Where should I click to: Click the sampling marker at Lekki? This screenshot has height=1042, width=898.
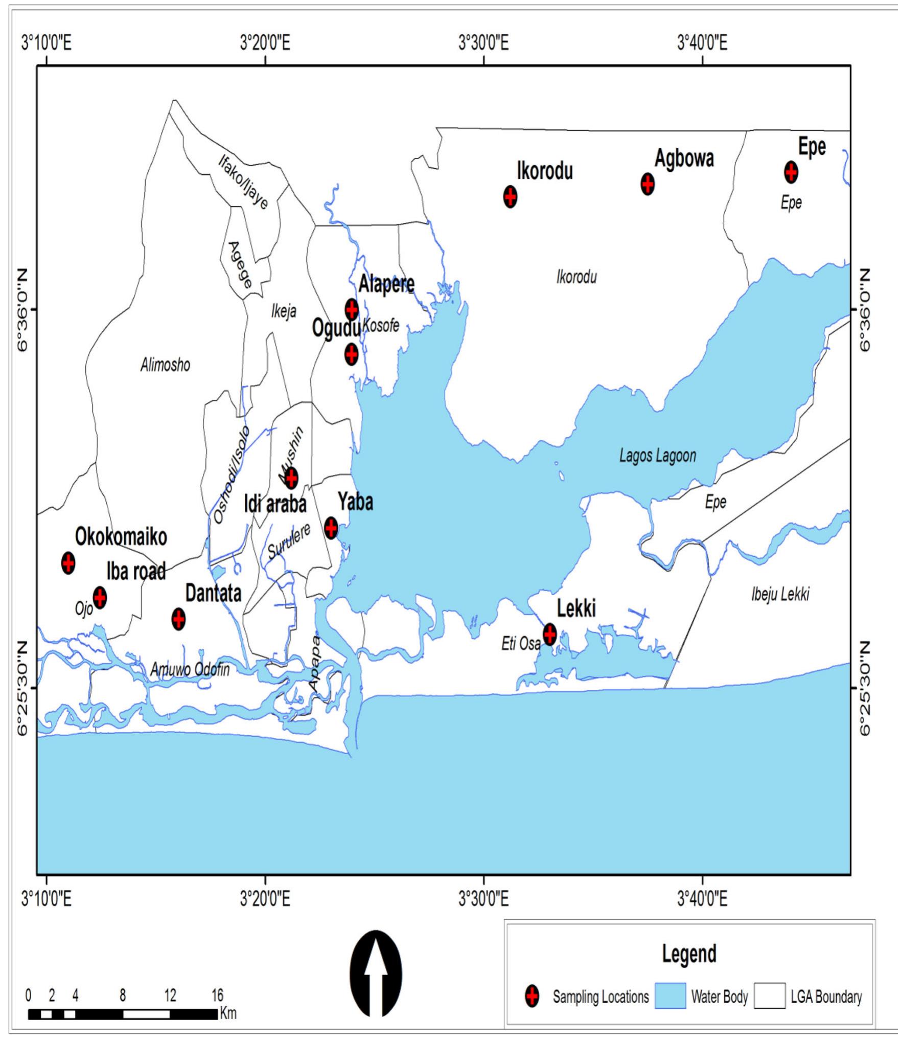549,634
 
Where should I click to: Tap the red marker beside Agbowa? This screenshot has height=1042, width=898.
648,184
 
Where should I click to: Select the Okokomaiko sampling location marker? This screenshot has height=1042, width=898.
68,562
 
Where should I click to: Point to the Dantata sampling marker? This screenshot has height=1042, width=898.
178,619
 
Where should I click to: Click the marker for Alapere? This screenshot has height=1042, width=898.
351,309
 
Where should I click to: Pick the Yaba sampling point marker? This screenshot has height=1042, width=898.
331,527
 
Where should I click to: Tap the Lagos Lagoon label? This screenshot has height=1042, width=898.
657,456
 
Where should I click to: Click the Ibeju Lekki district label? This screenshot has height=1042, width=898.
780,595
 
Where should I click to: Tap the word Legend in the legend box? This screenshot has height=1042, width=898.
688,939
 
